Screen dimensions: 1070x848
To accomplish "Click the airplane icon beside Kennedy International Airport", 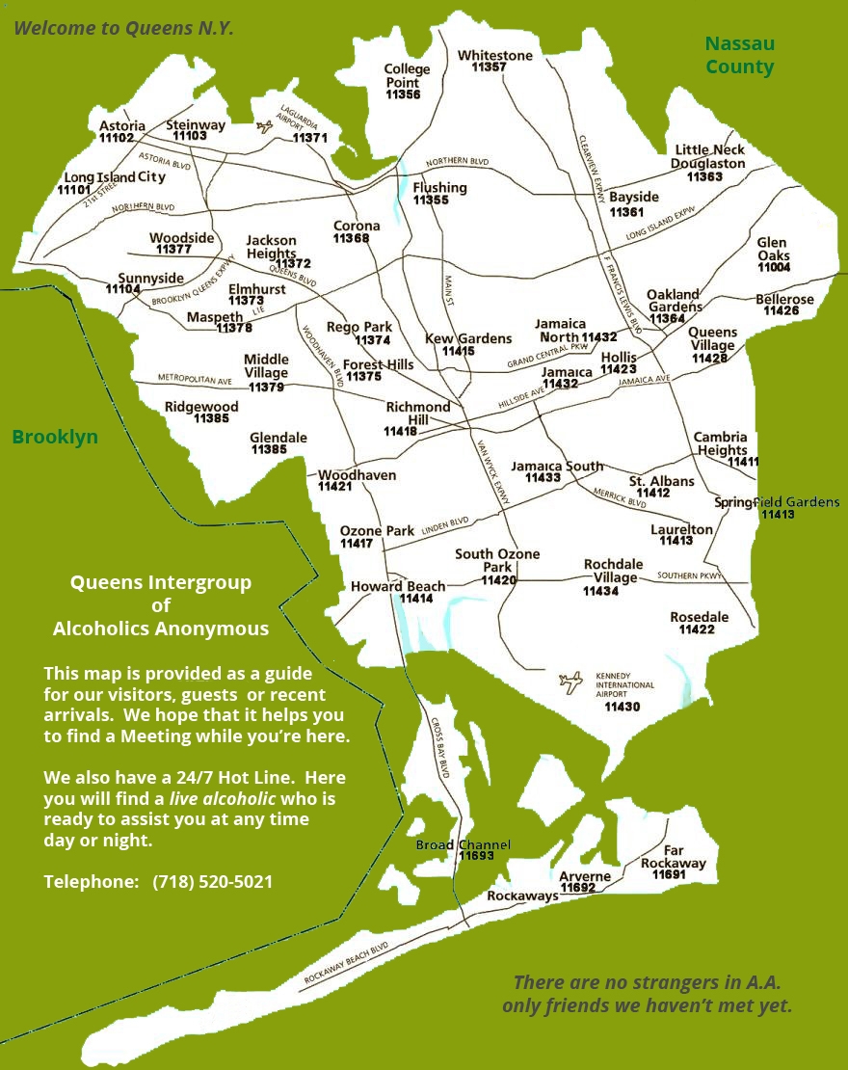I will point(570,682).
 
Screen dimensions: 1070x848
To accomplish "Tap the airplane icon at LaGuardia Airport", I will point(265,126).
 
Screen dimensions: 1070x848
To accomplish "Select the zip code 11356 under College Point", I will point(403,94).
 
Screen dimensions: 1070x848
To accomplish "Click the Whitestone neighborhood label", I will point(494,56).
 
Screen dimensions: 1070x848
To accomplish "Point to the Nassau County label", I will point(739,55).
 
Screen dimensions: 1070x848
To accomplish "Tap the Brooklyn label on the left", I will point(55,437).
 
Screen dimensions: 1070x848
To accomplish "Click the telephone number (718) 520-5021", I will point(212,881).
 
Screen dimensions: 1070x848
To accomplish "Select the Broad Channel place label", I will point(463,844).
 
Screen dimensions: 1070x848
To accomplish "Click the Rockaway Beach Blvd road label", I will point(346,963).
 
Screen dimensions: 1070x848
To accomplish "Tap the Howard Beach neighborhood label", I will point(398,586).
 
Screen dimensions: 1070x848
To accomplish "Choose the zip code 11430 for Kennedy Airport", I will point(622,707).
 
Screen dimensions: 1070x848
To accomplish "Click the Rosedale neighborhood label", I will point(699,617).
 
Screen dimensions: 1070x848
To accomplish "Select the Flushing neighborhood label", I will point(439,188).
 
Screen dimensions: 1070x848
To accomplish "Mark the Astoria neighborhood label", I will point(122,126).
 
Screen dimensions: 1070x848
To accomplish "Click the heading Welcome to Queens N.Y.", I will point(123,28).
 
